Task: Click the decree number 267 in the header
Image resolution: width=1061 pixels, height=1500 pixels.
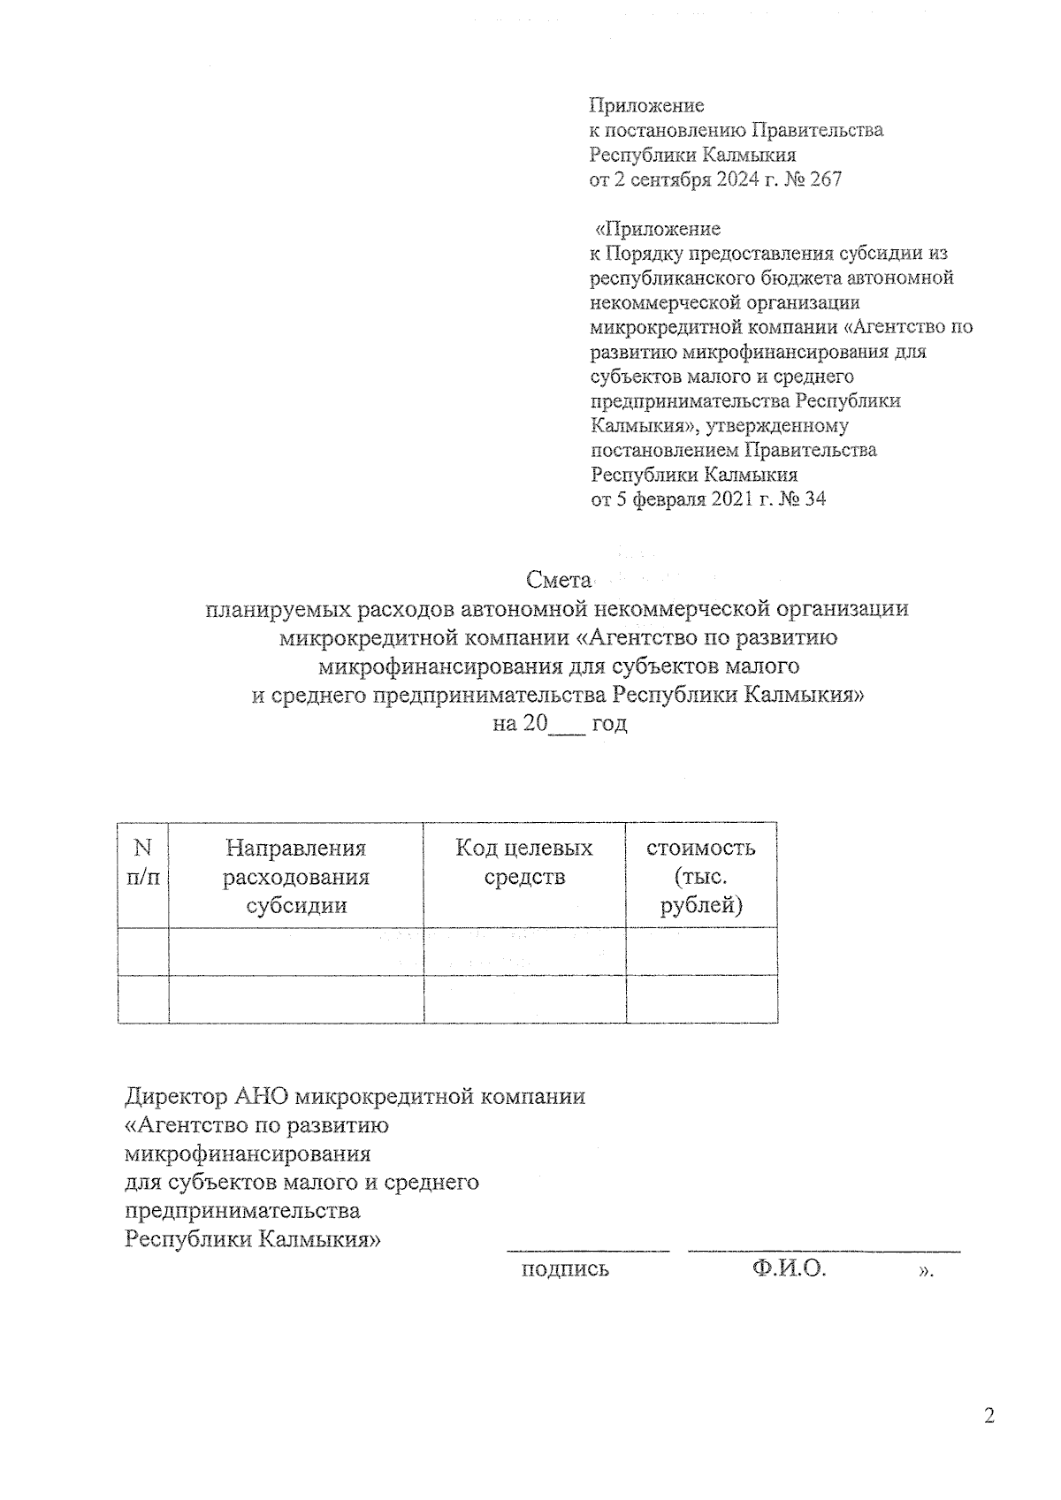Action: tap(826, 179)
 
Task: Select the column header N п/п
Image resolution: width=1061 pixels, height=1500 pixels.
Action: tap(142, 864)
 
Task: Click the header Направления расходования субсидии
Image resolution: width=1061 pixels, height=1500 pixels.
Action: tap(295, 876)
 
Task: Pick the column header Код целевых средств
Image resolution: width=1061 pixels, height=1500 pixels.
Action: tap(523, 863)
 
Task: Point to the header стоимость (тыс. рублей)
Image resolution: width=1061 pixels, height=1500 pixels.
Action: tap(701, 876)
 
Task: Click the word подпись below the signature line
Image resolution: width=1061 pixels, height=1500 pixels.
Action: tap(565, 1270)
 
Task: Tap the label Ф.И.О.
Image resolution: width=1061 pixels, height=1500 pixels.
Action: tap(789, 1269)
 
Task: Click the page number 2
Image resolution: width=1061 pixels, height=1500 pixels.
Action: tap(989, 1416)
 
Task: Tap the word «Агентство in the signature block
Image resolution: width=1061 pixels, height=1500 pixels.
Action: tap(184, 1126)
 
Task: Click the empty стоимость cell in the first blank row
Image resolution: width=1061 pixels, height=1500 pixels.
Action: tap(701, 951)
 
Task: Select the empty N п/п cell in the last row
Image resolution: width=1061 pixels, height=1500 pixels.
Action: tap(142, 999)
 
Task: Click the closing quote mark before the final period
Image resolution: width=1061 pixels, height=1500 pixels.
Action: tap(923, 1270)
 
